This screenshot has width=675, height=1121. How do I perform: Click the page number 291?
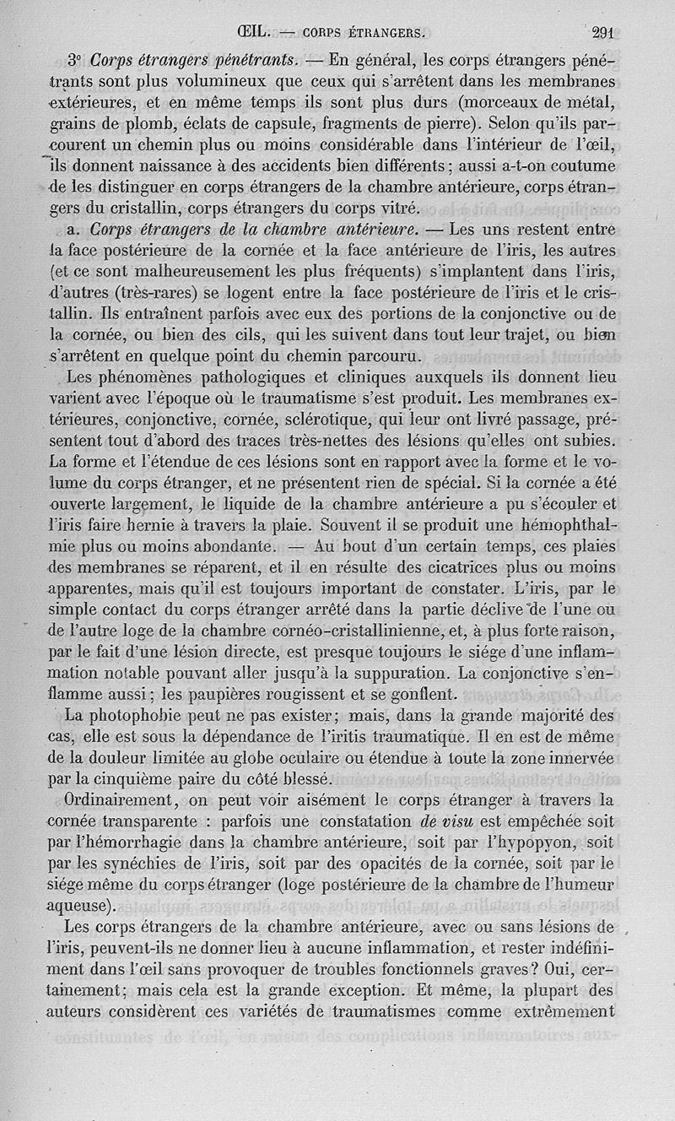(x=602, y=33)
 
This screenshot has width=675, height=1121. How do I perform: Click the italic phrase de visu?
(x=448, y=820)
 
